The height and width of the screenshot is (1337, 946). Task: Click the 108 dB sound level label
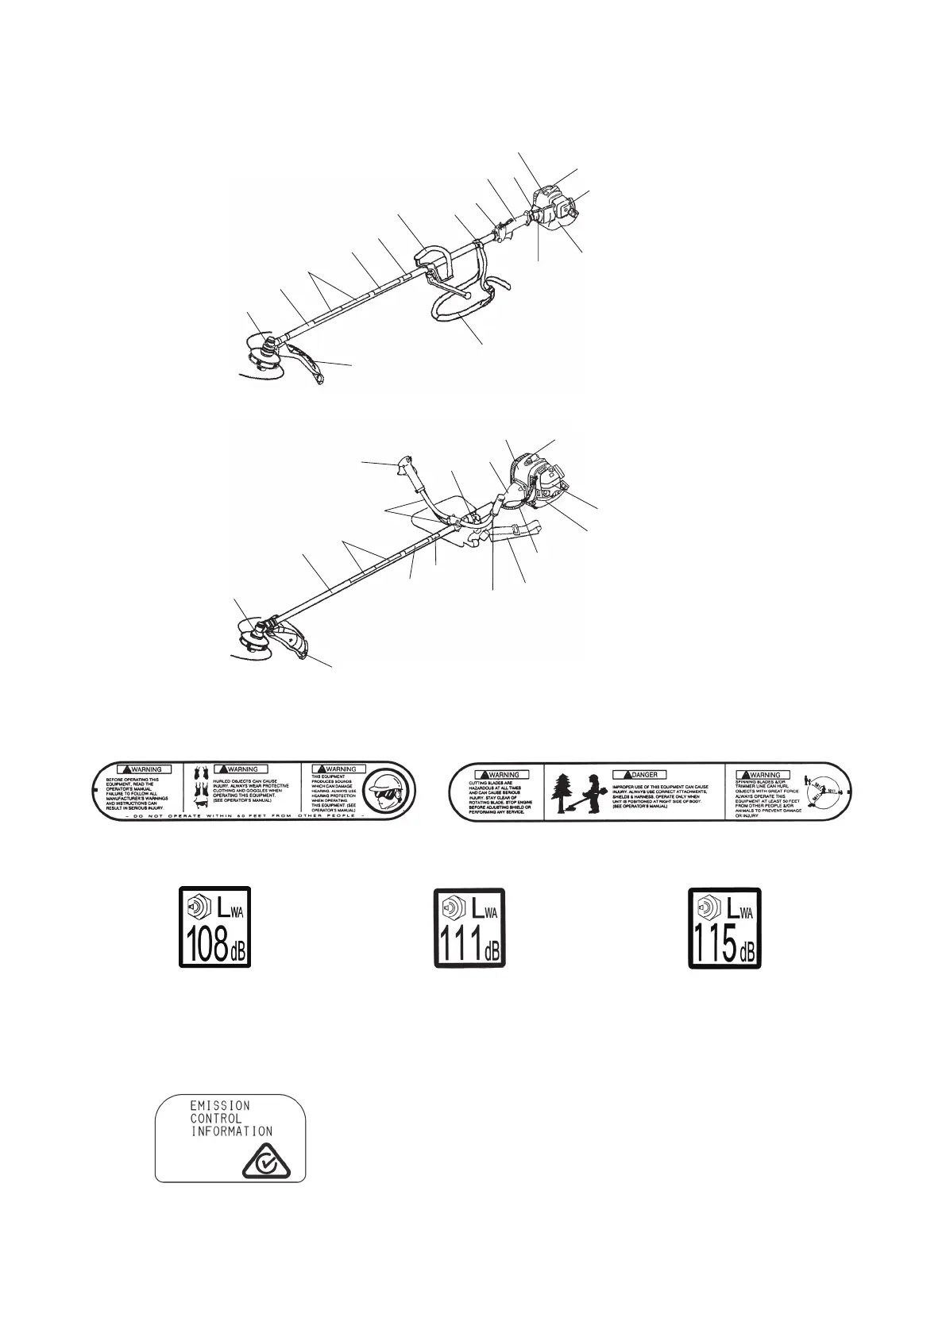214,927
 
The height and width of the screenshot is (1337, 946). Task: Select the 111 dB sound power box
469,927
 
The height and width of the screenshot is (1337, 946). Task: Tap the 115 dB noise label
724,927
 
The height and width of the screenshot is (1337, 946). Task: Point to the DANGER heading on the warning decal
639,774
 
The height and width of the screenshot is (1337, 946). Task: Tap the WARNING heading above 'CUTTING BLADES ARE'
498,774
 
